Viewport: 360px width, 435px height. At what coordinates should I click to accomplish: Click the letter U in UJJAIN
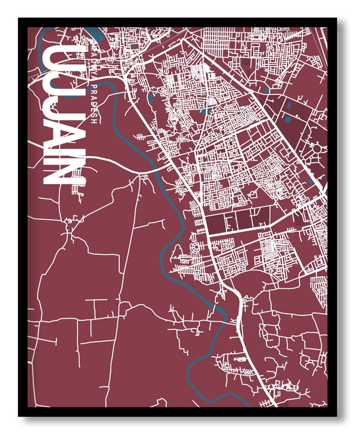56,58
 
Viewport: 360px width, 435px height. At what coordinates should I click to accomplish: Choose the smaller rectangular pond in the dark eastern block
286,119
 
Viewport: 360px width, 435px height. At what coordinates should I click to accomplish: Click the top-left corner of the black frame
19,18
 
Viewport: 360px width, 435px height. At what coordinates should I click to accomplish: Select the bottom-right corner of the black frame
336,415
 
